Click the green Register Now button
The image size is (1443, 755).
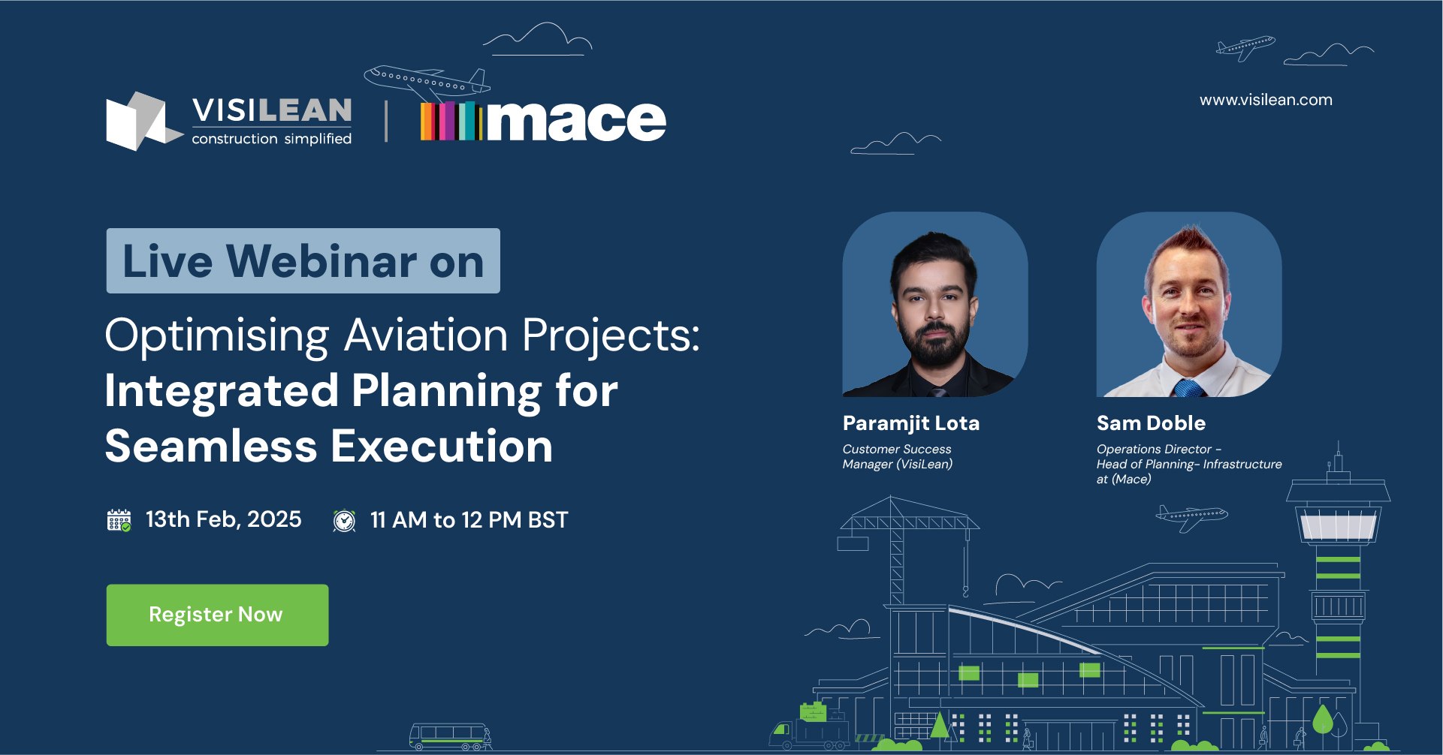(217, 615)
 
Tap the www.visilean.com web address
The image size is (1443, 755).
(1266, 100)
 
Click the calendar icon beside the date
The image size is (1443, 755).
(119, 520)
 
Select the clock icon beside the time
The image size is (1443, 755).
(344, 520)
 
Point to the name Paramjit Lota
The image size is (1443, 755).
(910, 424)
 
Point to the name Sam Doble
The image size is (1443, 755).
(1151, 423)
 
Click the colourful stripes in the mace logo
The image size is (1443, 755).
(451, 121)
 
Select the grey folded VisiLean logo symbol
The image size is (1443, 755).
(143, 121)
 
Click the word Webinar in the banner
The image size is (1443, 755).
(322, 261)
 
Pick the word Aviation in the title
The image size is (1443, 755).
(426, 335)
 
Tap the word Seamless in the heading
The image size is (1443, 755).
(211, 447)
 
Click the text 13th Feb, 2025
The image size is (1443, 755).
(223, 519)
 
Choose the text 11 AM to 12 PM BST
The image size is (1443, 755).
(469, 520)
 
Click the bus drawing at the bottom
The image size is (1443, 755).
(450, 736)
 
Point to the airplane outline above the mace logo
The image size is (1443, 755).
(427, 83)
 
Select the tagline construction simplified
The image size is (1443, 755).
(271, 139)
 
